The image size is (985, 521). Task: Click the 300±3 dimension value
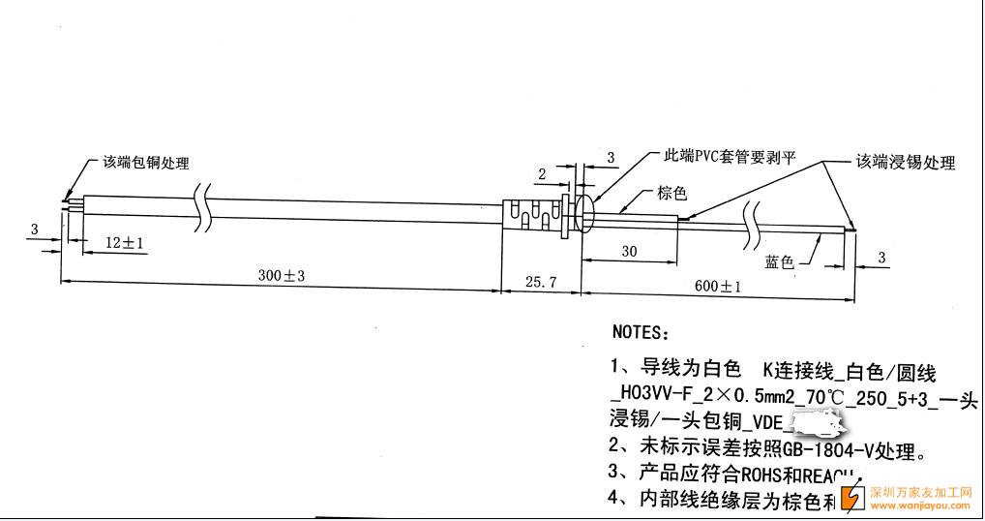click(282, 276)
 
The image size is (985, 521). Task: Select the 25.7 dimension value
click(540, 282)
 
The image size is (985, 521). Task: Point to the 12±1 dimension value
click(125, 242)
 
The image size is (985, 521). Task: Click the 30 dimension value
click(629, 252)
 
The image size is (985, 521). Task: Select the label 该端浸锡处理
click(905, 163)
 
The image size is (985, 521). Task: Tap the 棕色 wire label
click(672, 193)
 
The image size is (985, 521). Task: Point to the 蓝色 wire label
click(779, 261)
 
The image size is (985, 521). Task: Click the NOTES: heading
click(640, 332)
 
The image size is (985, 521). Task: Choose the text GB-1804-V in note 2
click(824, 448)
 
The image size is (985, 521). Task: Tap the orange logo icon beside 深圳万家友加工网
click(852, 496)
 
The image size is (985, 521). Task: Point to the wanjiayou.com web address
click(920, 505)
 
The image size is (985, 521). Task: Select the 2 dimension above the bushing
click(542, 173)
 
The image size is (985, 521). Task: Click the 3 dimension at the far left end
click(34, 230)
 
